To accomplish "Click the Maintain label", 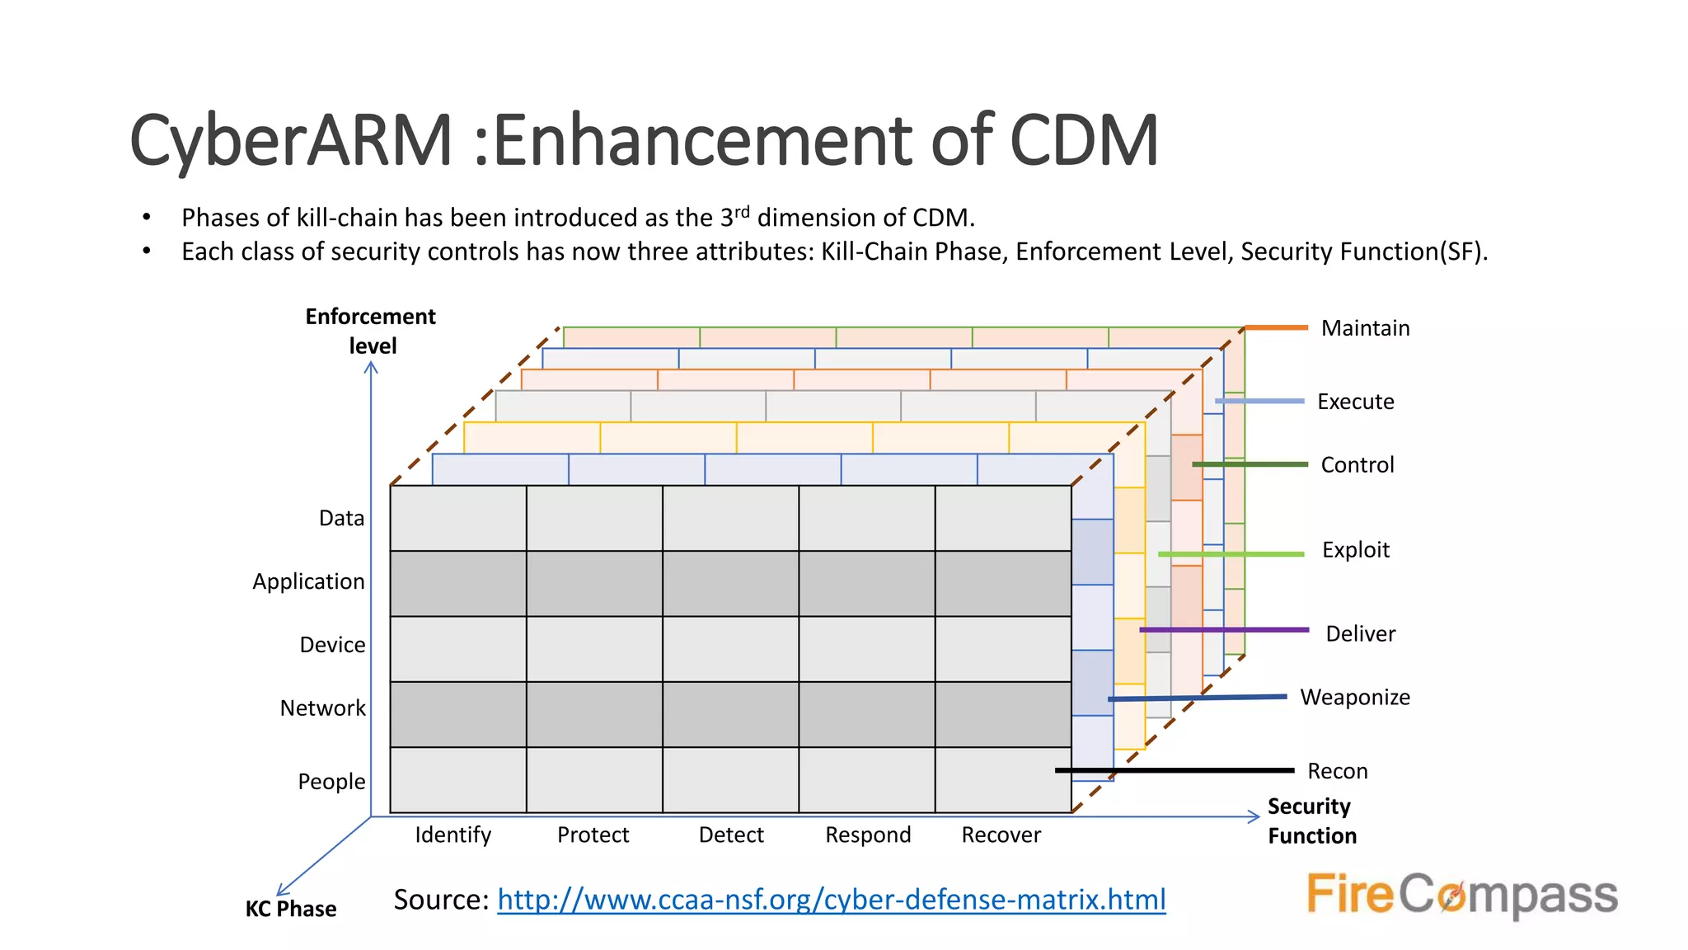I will pos(1365,328).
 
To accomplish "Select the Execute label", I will pos(1355,402).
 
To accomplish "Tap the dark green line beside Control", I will pos(1250,465).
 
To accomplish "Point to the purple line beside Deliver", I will pos(1224,630).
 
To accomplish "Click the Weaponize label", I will pos(1355,698).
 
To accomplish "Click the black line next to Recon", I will pos(1175,770).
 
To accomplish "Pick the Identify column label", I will pos(452,835).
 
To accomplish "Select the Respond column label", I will pos(868,835).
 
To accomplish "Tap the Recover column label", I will pos(1001,835).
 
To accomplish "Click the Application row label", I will pos(308,582).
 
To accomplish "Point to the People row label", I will pos(331,782).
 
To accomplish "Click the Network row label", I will pos(322,708).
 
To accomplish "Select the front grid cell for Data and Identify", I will pos(458,518).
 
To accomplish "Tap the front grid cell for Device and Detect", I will pos(731,649).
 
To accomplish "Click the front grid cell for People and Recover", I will pos(1003,780).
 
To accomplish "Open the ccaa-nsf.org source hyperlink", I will pos(831,900).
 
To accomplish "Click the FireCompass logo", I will pos(1462,894).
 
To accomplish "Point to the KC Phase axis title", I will pos(291,909).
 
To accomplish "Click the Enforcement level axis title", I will pos(371,331).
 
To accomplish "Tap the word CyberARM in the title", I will pos(291,140).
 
